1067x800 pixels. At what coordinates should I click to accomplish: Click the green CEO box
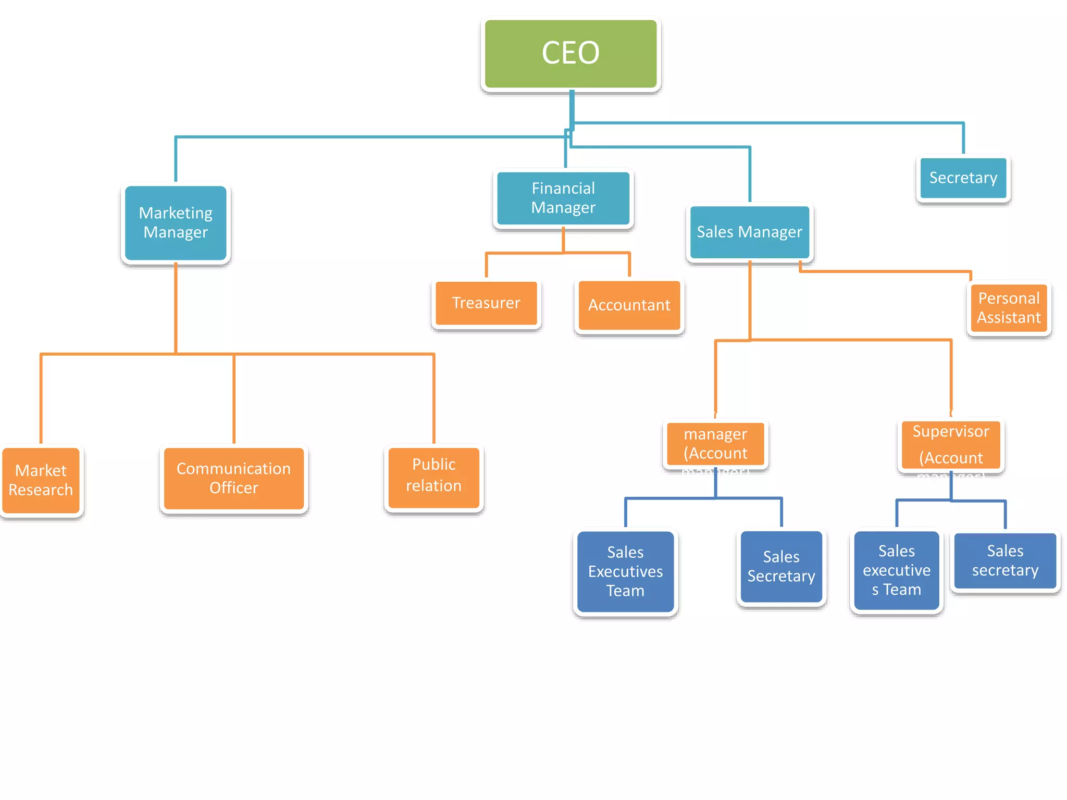(x=570, y=54)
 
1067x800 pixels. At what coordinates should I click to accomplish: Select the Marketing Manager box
(x=176, y=223)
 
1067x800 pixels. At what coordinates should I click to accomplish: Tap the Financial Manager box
(x=563, y=198)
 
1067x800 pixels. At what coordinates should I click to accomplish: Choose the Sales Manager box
(x=749, y=232)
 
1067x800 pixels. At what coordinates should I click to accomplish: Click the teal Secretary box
(x=963, y=178)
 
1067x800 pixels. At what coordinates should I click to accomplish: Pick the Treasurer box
(x=486, y=303)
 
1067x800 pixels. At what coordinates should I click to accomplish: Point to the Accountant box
(x=629, y=305)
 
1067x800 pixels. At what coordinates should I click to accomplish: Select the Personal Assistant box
(x=1009, y=308)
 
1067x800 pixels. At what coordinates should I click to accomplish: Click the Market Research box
(x=41, y=480)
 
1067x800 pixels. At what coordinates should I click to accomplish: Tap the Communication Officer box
(x=233, y=478)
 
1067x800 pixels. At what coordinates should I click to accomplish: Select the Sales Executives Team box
(x=625, y=571)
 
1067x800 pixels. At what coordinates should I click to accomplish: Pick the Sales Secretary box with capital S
(x=781, y=567)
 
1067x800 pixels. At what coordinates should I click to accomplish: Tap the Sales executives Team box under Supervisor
(x=897, y=570)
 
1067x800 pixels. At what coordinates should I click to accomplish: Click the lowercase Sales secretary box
(x=1005, y=561)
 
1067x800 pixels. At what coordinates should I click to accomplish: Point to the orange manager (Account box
(x=715, y=444)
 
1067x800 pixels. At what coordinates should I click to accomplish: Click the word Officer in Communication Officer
(x=233, y=488)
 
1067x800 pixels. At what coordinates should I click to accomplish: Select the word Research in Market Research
(x=41, y=490)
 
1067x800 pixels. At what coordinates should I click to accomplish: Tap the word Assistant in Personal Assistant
(x=1009, y=318)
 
